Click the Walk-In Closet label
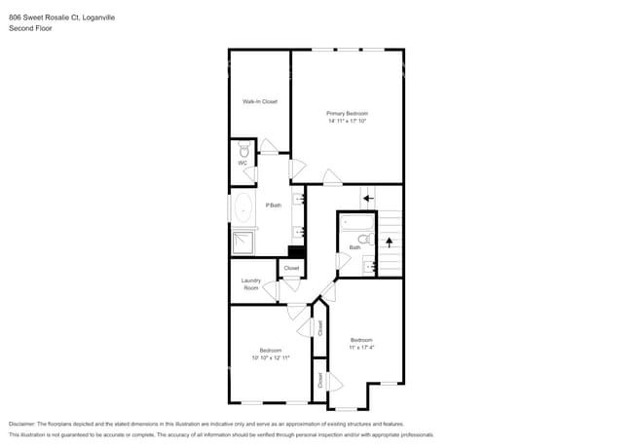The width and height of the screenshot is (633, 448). [x=260, y=101]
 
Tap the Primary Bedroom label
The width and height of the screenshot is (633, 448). [x=347, y=114]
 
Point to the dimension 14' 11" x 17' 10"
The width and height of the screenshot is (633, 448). [x=347, y=122]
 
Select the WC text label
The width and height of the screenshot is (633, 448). [x=242, y=163]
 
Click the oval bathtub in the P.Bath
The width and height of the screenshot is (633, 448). [x=242, y=207]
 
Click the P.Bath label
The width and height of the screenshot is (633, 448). [x=274, y=205]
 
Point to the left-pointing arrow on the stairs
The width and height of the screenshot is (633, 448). [x=367, y=199]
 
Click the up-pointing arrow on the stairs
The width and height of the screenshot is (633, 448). [x=390, y=240]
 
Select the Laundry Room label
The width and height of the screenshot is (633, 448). [x=251, y=284]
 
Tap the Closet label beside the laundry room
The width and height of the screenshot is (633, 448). [x=291, y=268]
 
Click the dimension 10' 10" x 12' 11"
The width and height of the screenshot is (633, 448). [x=270, y=357]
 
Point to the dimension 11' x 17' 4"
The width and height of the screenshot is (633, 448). [x=361, y=347]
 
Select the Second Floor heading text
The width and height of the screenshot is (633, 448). [x=30, y=29]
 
